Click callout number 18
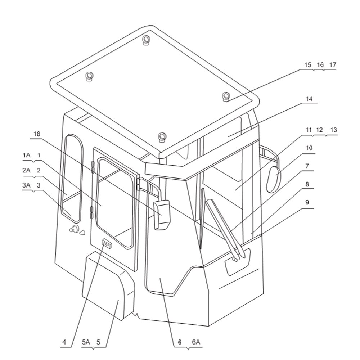tap(37, 134)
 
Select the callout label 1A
tap(27, 156)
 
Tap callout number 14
tap(309, 99)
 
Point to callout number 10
tap(309, 148)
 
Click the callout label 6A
tap(196, 342)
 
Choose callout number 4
tap(64, 342)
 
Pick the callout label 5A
tap(86, 342)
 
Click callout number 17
tap(333, 65)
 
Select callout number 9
tap(307, 202)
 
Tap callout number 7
tap(307, 166)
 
